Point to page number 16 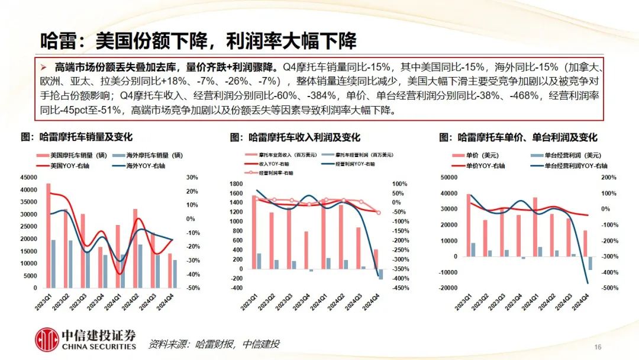pyautogui.click(x=597, y=347)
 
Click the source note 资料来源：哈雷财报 pyautogui.click(x=213, y=344)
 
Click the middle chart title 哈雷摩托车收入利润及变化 pyautogui.click(x=295, y=137)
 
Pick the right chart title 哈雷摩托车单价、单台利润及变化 pyautogui.click(x=518, y=137)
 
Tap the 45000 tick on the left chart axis pyautogui.click(x=28, y=178)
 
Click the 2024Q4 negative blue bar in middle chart pyautogui.click(x=380, y=274)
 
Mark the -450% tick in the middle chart pyautogui.click(x=401, y=288)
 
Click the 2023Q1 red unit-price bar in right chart pyautogui.click(x=468, y=225)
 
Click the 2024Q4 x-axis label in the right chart pyautogui.click(x=586, y=301)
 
